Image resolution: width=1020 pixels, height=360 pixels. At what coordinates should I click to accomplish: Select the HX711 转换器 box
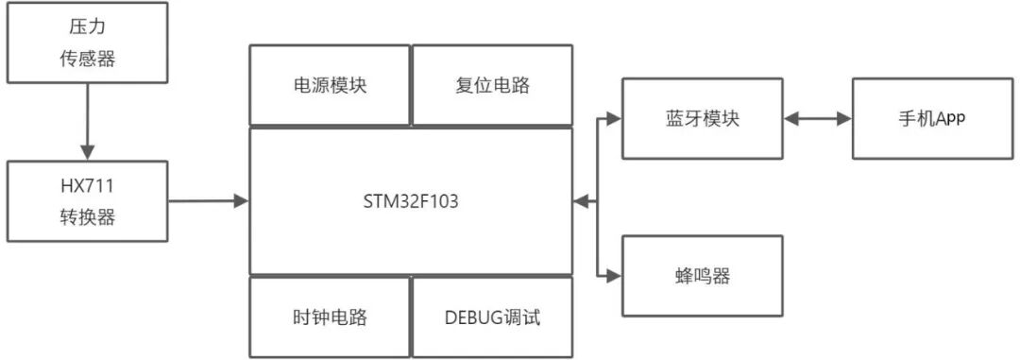87,200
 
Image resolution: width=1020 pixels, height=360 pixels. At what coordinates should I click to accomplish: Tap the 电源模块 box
330,84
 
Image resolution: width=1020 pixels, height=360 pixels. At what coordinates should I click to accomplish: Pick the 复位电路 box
492,84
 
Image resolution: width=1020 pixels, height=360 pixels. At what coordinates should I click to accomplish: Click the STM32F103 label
411,200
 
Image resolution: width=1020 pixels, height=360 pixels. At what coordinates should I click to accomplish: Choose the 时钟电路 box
330,317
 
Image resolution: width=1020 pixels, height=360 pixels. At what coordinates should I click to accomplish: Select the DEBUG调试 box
492,317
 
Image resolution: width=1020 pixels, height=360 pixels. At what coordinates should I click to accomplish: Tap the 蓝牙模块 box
703,118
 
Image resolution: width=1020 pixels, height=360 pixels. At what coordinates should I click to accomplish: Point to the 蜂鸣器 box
703,276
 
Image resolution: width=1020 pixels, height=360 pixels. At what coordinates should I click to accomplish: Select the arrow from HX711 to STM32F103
208,200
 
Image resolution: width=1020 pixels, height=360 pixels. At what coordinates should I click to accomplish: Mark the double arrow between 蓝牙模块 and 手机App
818,118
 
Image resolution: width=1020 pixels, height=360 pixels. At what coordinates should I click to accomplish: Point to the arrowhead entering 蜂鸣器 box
614,276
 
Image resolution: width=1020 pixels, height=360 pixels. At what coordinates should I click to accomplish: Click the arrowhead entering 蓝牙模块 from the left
614,118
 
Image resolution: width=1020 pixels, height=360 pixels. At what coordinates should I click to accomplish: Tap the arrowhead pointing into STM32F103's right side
582,200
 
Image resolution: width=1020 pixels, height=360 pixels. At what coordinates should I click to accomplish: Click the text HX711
87,185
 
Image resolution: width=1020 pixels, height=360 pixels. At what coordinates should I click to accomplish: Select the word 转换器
87,216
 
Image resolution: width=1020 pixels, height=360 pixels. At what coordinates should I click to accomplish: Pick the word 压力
87,26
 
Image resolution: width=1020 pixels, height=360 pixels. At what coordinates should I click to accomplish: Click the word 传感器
87,58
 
